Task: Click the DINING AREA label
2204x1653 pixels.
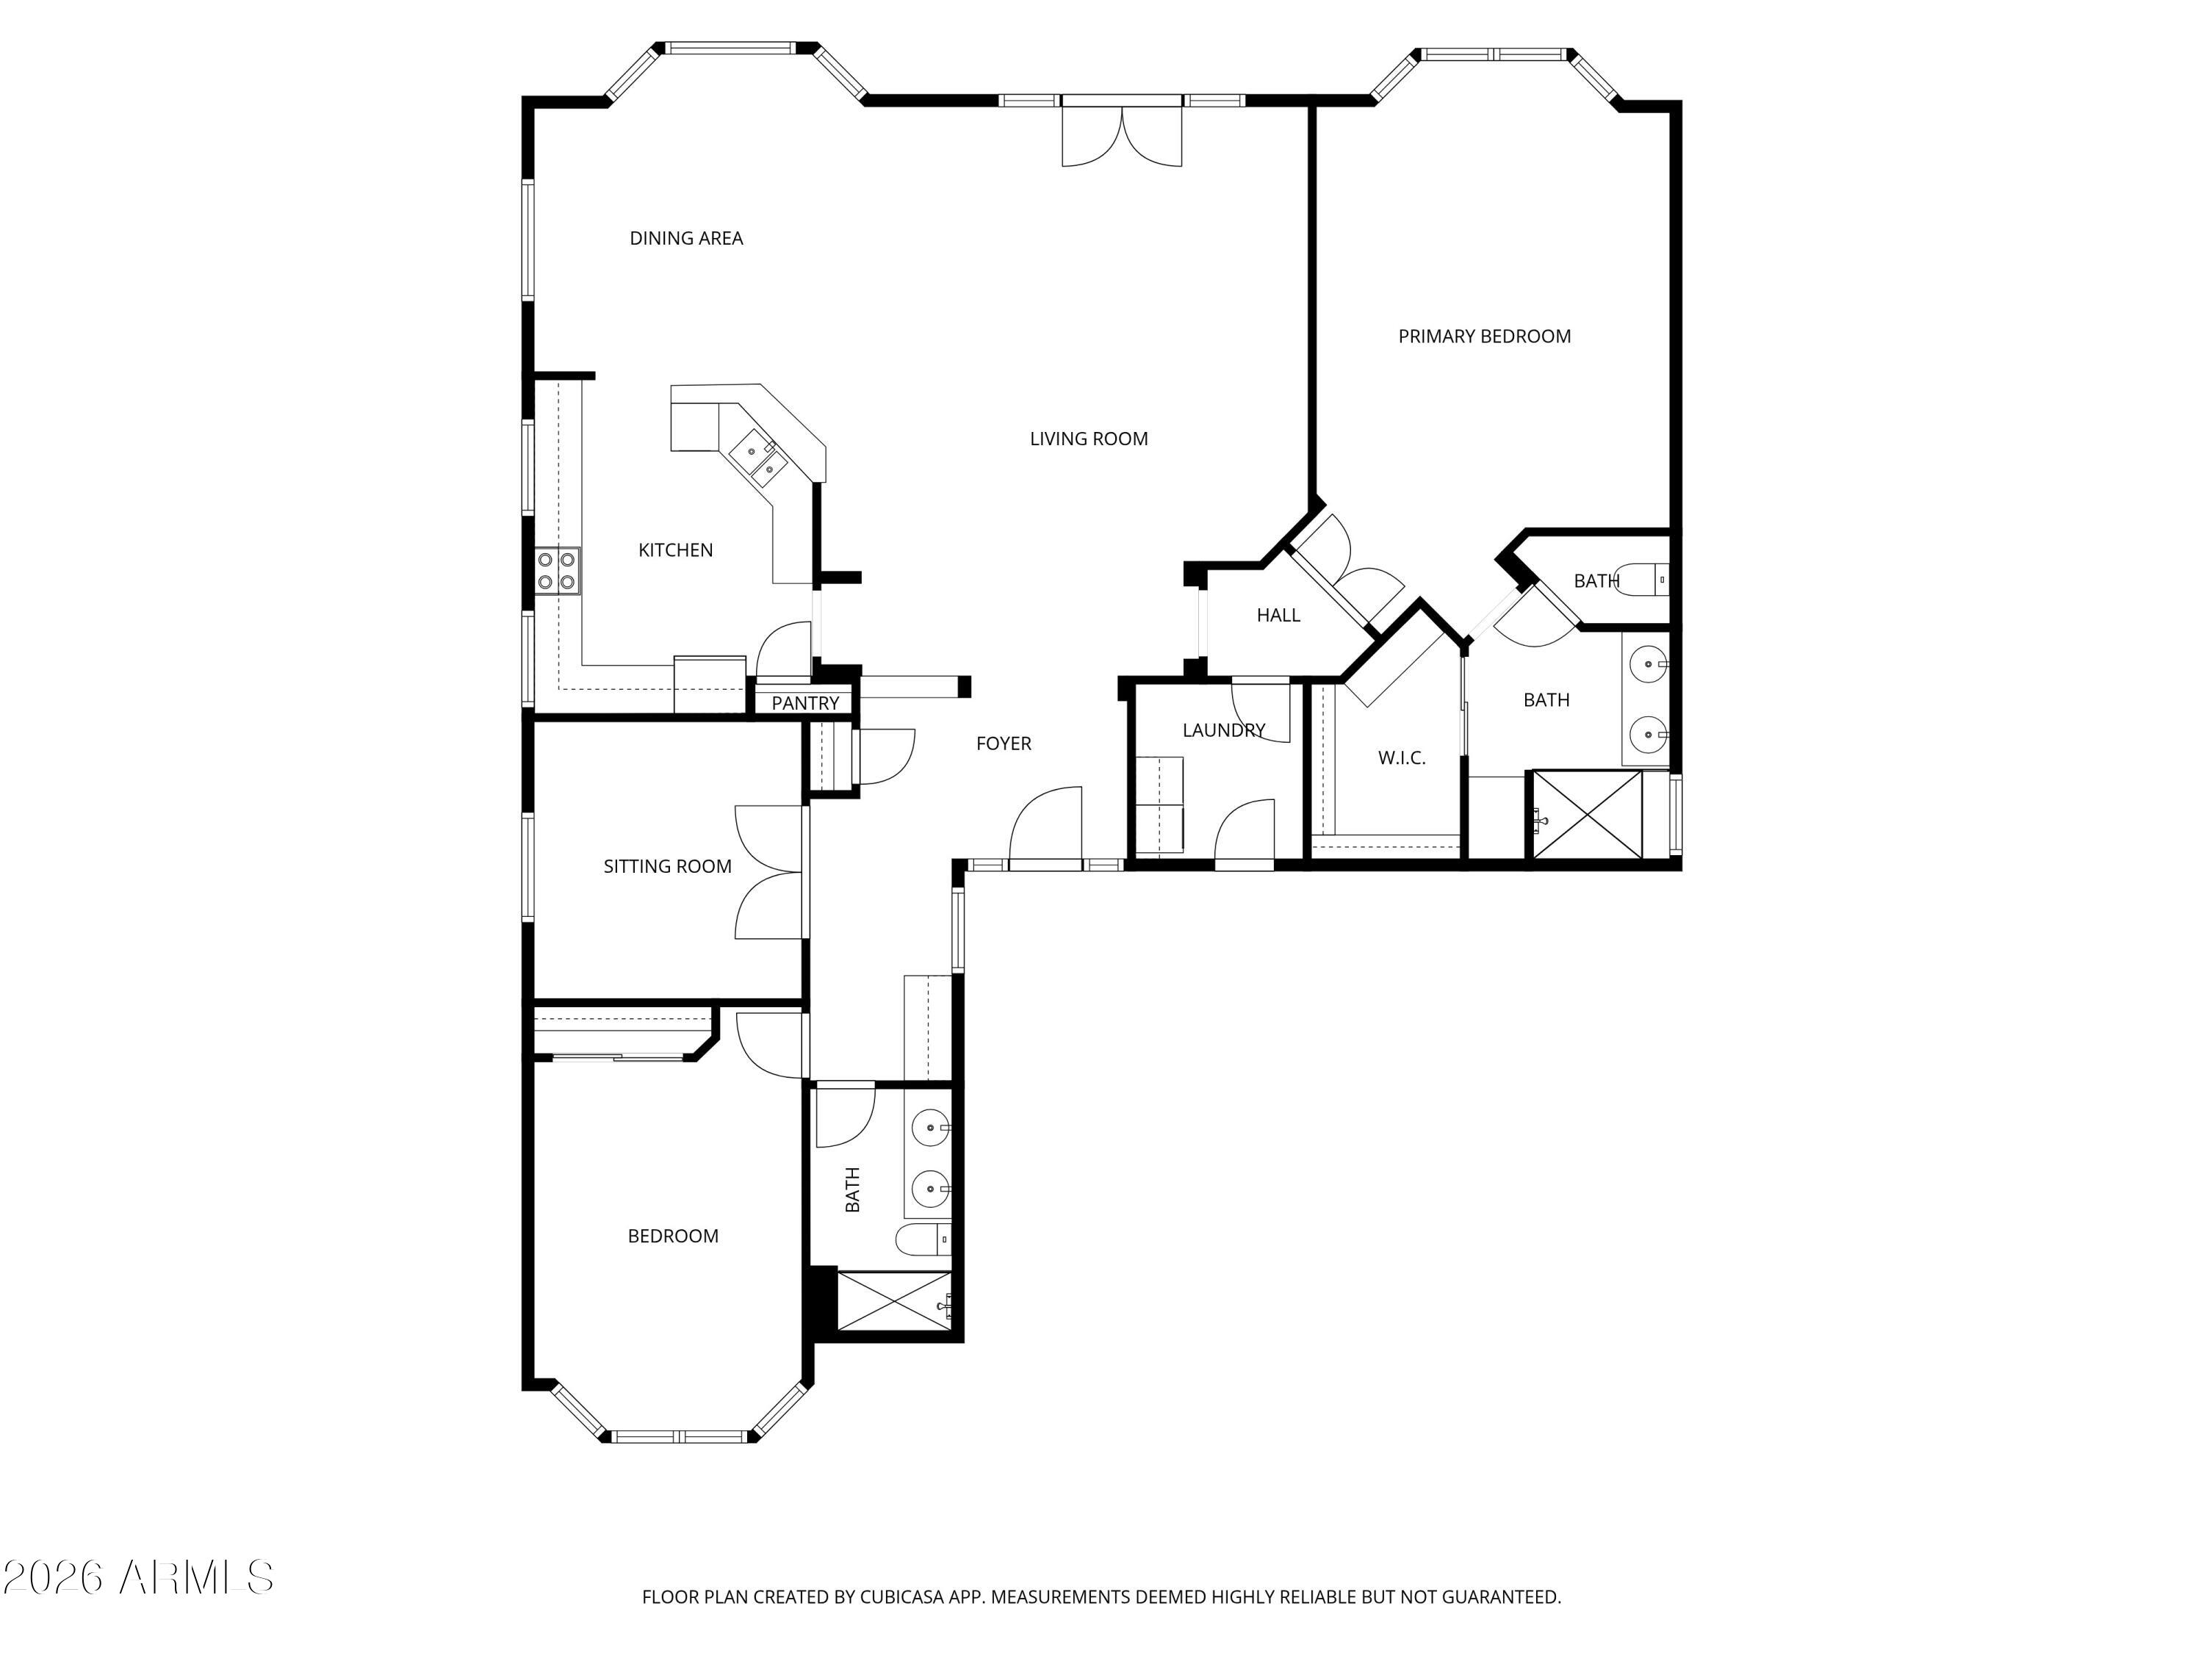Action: (x=686, y=238)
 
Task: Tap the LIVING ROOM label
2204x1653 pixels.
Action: (x=1089, y=439)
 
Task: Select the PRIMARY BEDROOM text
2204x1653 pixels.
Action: (x=1485, y=336)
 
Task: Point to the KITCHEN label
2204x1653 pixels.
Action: (x=676, y=550)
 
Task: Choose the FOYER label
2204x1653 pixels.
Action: (x=1004, y=743)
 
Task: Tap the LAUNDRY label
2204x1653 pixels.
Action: (x=1223, y=730)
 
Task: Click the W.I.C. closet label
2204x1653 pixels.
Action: (x=1402, y=758)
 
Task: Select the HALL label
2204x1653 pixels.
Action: (x=1278, y=616)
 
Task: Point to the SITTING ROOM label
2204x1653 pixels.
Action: (x=668, y=867)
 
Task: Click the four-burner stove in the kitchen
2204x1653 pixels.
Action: (x=557, y=571)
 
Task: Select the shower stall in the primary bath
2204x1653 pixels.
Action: (x=1585, y=813)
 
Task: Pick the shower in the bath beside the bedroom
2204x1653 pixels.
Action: (x=895, y=1300)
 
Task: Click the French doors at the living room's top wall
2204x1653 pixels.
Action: (x=1122, y=135)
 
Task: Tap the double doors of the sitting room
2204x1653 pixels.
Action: (x=769, y=872)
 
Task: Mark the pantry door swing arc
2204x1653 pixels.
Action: (x=783, y=649)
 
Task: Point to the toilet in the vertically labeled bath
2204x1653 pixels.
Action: (x=923, y=1241)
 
